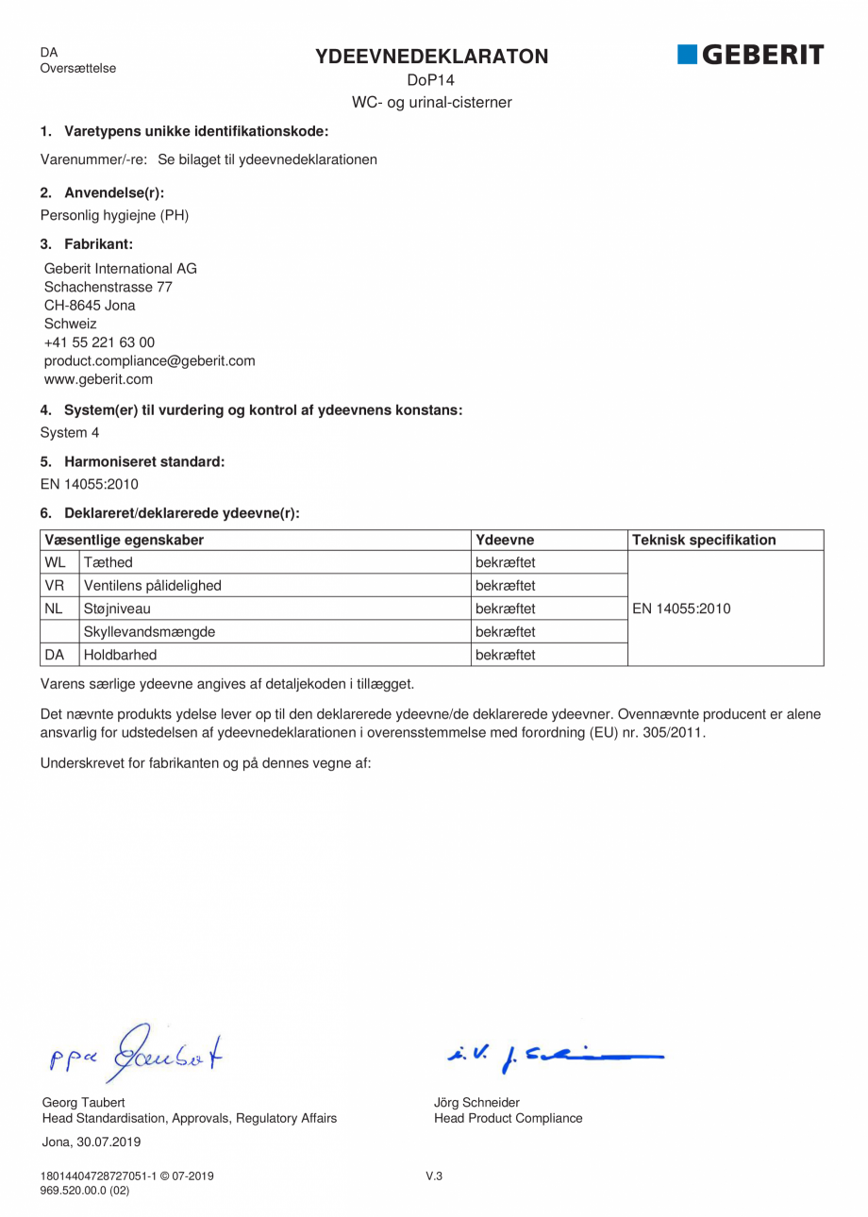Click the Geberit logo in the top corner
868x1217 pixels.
750,55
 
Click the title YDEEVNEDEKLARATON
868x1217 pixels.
431,57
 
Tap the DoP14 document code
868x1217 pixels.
431,81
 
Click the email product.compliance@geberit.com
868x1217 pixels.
149,361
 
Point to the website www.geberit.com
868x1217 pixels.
98,379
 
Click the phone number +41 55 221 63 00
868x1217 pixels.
99,342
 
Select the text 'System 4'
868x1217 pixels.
69,433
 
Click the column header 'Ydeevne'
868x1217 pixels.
505,540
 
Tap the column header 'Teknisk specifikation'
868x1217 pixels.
704,540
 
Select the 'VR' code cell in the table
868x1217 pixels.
55,586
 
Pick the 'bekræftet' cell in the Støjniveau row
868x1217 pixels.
506,608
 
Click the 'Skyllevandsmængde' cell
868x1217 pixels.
148,631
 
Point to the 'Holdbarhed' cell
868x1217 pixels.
120,654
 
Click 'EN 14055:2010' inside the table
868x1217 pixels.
681,608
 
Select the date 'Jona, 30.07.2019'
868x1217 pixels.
92,1142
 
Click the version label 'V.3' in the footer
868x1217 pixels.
434,1176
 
